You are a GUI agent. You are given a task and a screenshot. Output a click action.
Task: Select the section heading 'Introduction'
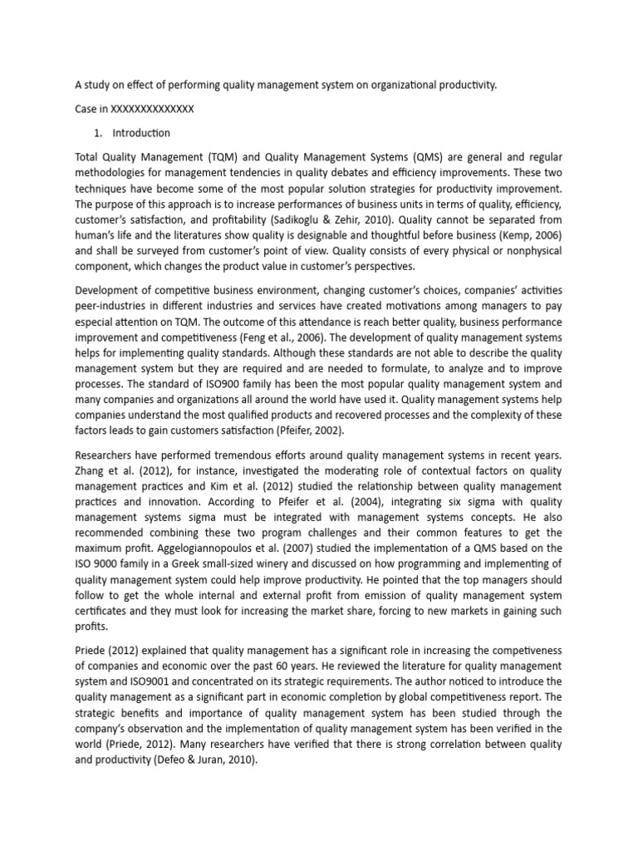tap(143, 133)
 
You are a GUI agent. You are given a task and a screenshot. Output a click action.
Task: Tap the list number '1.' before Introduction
tap(99, 133)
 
